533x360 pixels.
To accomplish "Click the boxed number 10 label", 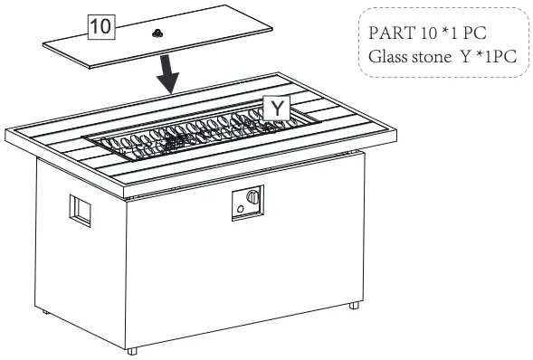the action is pos(100,28).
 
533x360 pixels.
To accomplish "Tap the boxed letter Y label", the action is pos(276,109).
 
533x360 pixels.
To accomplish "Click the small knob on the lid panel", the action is pos(158,33).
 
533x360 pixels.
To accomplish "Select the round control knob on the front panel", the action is pos(254,197).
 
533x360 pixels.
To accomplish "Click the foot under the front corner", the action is pos(133,349).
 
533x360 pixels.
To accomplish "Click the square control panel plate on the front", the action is pos(248,204).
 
